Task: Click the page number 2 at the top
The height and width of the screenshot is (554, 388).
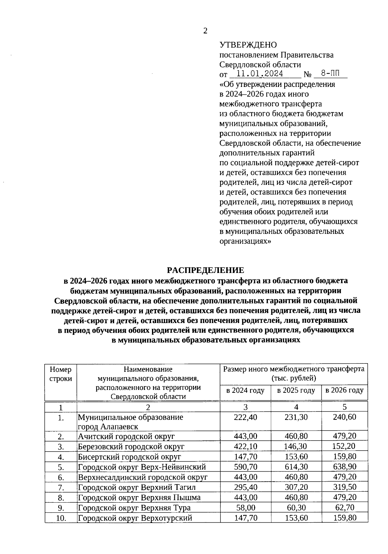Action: point(205,31)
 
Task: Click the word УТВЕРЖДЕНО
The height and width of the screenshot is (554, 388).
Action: point(248,45)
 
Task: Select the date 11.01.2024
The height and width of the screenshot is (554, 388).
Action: point(260,74)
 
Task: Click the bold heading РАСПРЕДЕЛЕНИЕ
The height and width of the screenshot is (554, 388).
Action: point(205,270)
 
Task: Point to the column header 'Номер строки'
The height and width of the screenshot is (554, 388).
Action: point(60,374)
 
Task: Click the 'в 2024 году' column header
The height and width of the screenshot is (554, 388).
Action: point(245,390)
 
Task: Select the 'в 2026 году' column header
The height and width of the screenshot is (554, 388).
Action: point(344,390)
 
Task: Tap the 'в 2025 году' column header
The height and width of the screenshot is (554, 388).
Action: point(296,390)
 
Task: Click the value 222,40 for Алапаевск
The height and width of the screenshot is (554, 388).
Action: point(245,417)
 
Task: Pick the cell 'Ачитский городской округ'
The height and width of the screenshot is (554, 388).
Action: point(126,436)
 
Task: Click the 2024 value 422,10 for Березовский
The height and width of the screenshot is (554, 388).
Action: point(245,446)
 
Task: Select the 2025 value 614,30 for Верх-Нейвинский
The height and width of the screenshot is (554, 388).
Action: point(296,467)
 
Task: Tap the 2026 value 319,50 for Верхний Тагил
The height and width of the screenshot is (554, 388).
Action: point(345,487)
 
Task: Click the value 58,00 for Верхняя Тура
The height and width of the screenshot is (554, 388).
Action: point(245,507)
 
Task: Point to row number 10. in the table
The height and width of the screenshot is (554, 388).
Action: point(61,518)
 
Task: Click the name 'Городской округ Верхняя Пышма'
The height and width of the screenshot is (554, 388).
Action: point(139,497)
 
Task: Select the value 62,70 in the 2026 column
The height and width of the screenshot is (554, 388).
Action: point(345,507)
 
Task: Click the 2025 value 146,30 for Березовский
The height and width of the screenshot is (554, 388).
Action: point(296,446)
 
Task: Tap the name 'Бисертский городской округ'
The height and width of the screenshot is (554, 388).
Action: point(129,457)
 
